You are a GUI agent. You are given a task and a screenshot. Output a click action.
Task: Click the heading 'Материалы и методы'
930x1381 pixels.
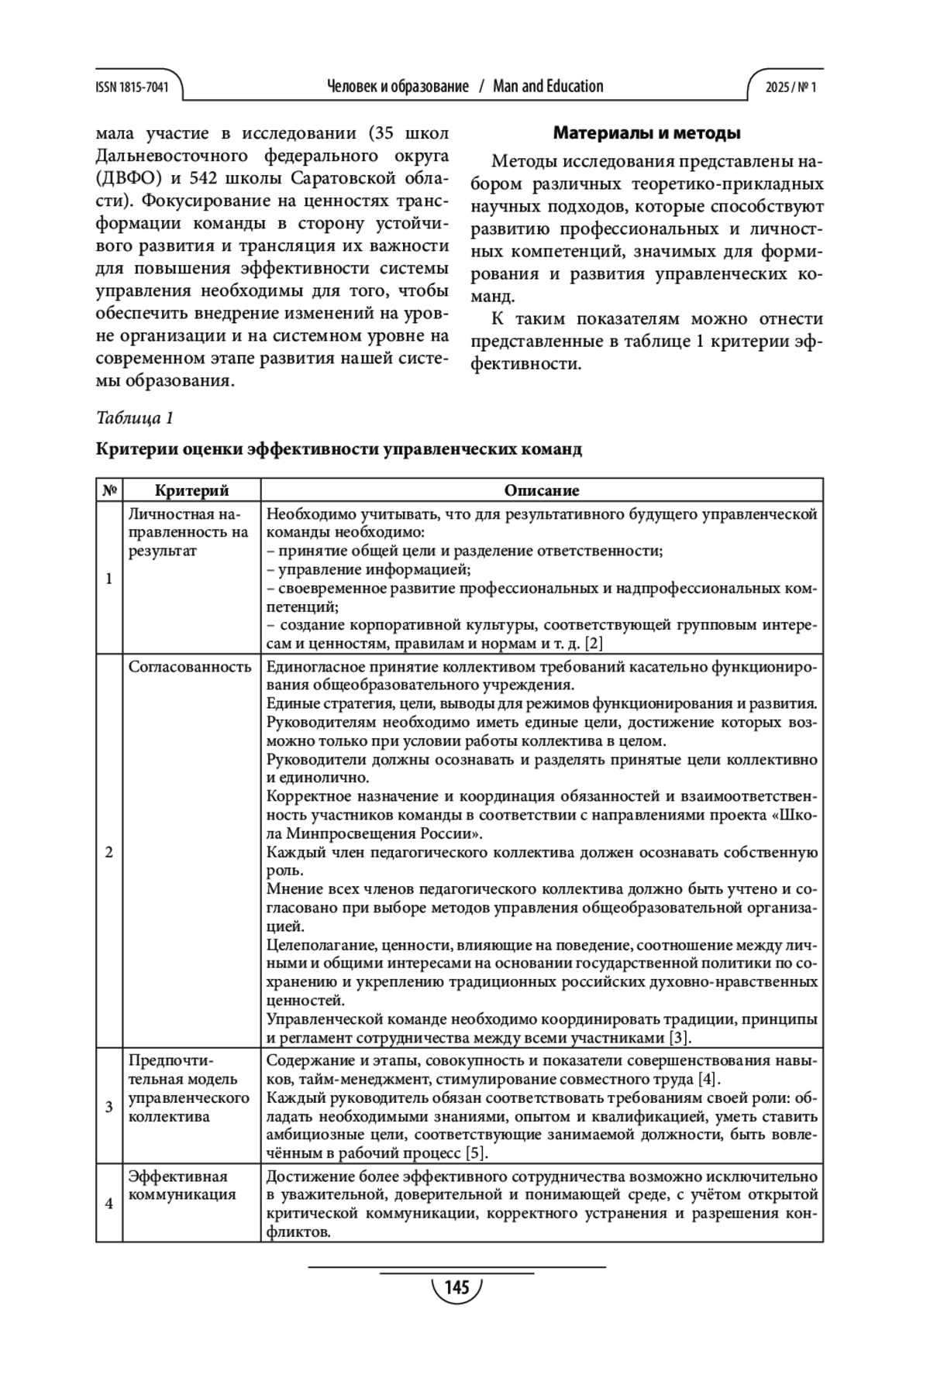point(646,133)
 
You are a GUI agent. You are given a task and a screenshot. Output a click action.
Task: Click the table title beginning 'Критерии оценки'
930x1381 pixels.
point(339,449)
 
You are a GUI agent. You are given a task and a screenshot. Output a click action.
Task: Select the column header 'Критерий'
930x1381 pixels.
point(191,490)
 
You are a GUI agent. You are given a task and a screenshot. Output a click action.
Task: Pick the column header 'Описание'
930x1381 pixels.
point(542,490)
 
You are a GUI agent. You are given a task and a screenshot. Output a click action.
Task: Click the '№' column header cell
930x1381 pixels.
point(109,490)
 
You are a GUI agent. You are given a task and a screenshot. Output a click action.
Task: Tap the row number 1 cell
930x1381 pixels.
point(109,578)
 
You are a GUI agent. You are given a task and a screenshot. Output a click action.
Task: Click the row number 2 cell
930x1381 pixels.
point(109,852)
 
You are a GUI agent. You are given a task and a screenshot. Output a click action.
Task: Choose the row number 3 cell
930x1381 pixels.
point(109,1106)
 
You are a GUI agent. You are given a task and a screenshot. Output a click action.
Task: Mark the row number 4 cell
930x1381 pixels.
point(109,1204)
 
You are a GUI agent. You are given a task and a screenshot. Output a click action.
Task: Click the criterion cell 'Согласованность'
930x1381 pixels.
point(190,667)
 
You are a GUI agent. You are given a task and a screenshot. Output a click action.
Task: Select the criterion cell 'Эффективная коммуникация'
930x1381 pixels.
point(182,1186)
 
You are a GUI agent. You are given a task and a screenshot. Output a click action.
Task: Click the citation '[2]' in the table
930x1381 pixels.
point(594,644)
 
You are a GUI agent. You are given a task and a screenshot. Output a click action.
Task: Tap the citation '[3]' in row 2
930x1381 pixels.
point(680,1038)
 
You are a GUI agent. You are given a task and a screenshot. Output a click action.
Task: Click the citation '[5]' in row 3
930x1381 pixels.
point(476,1154)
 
